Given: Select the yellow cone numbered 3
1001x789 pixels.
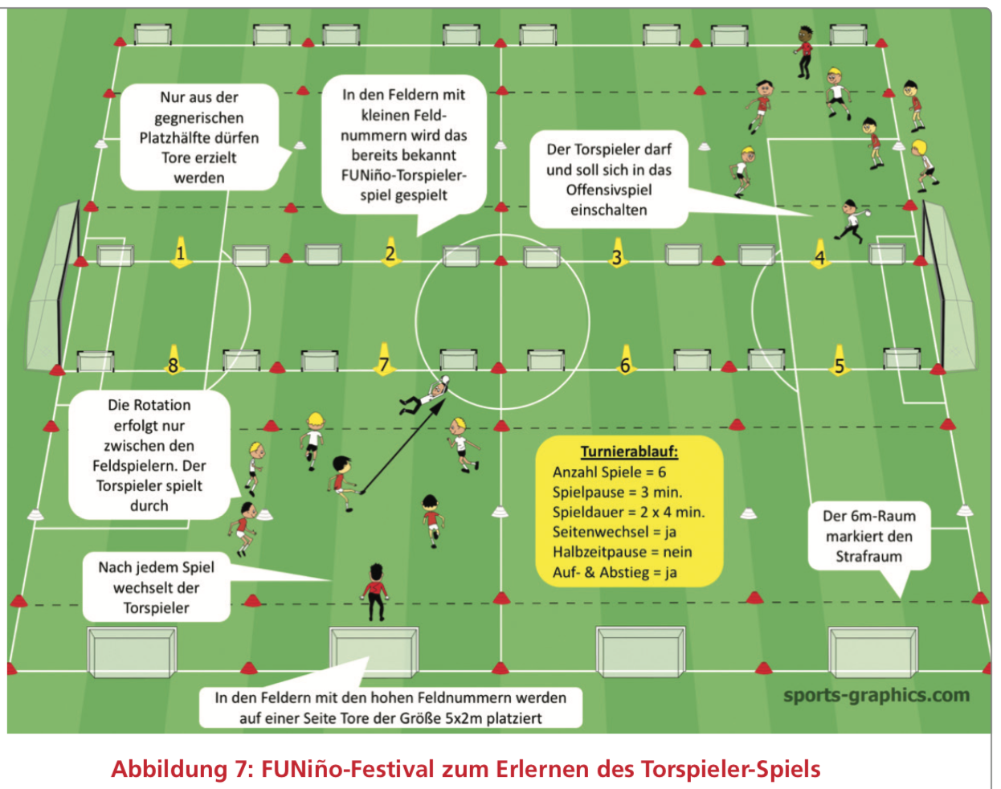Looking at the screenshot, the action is click(617, 253).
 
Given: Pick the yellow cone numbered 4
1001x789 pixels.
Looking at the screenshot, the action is click(820, 254).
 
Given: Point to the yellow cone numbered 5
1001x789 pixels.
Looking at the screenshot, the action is click(839, 361).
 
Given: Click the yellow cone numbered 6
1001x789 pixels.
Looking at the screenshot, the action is click(626, 361).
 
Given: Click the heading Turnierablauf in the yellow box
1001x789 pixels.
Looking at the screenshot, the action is click(629, 452).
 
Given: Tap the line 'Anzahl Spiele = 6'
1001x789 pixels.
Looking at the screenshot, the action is click(609, 472).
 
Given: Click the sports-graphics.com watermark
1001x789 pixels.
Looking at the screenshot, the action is click(876, 696).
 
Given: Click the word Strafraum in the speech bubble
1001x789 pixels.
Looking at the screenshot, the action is click(868, 556).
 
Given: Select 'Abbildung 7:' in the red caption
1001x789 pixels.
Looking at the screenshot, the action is click(182, 769).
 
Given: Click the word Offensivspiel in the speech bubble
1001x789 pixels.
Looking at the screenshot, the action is click(608, 190).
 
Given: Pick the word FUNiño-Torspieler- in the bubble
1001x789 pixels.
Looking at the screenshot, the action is click(404, 176).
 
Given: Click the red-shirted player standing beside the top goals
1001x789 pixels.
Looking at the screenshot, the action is click(804, 51).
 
